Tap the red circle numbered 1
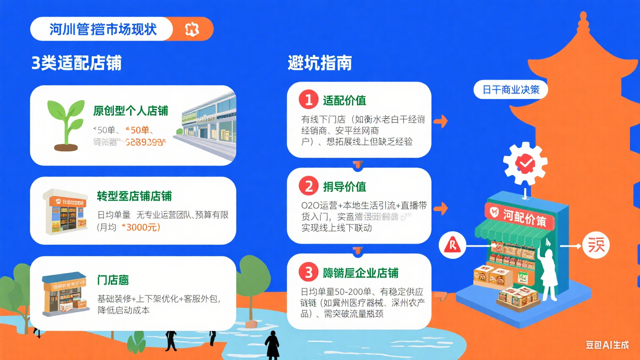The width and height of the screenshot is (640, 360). coord(308,100)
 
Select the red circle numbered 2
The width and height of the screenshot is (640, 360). coord(308,186)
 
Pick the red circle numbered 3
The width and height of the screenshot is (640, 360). coord(308,272)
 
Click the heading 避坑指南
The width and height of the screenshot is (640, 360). coord(320,63)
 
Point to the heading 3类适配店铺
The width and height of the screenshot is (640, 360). coord(77,63)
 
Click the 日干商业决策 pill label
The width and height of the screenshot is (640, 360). coord(510,90)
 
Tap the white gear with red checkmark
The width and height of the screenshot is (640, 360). coord(525,163)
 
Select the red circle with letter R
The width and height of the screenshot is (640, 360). coord(452,245)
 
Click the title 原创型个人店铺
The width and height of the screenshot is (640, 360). coord(130,111)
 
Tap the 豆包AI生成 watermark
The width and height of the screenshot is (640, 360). coord(607,345)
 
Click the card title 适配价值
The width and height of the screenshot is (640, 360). coord(344,100)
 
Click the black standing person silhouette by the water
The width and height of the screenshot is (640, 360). coord(272,344)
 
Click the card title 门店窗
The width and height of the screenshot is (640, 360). coord(112,280)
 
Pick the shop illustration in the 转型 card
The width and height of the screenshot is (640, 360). coord(65,211)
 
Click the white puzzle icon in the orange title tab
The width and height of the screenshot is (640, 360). coord(192,29)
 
